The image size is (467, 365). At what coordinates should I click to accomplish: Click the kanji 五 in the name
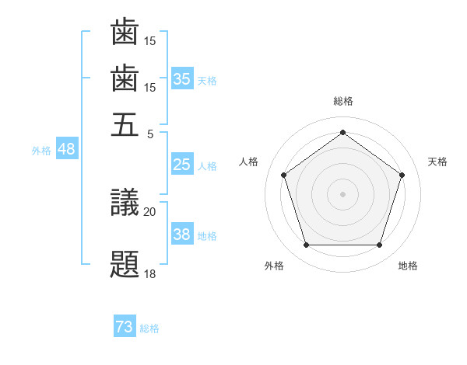[125, 124]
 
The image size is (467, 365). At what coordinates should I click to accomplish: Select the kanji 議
[125, 203]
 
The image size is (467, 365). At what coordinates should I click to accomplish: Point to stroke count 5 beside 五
[151, 133]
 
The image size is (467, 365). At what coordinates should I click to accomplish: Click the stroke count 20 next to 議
[149, 211]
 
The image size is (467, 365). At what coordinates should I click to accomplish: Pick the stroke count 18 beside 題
[149, 274]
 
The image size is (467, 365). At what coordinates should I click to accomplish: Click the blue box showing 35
[182, 78]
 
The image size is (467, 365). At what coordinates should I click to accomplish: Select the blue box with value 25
[182, 165]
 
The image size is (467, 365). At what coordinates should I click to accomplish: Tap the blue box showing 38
[182, 235]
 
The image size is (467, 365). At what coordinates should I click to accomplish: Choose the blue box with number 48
[66, 149]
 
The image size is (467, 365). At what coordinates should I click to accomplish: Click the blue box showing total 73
[125, 328]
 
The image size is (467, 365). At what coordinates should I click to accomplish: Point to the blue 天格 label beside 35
[207, 80]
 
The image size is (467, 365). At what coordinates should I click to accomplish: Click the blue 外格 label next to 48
[41, 151]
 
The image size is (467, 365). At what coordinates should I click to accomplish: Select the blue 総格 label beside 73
[149, 329]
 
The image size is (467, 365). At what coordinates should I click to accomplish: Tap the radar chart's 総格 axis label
[342, 101]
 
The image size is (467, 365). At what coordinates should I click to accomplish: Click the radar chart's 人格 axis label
[249, 162]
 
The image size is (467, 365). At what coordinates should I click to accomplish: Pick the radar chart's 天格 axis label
[437, 162]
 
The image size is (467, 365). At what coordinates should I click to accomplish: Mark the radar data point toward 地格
[379, 245]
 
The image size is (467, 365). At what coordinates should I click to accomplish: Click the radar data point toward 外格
[306, 245]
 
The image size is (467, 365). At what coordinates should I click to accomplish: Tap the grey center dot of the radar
[342, 193]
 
